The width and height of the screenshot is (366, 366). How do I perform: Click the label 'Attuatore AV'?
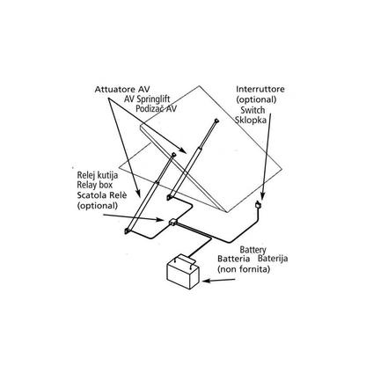point(122,90)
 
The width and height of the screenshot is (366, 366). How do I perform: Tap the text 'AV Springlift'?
point(147,99)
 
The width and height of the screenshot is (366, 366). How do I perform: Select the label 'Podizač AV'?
point(157,108)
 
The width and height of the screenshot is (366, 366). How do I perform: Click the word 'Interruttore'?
point(260,89)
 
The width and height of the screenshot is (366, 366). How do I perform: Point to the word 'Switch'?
point(253,110)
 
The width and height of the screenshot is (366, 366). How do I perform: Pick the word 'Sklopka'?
point(251,120)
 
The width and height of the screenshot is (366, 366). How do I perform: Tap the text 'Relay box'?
point(95,185)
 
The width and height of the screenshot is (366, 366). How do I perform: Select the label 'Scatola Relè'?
point(102,195)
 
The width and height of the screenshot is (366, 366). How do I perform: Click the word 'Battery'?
point(253,250)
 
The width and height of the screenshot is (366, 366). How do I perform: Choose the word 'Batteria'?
point(234,259)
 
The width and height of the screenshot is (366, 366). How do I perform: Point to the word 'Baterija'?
point(273,259)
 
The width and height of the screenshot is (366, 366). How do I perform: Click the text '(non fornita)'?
point(244,269)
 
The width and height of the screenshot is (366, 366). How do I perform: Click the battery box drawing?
point(183,272)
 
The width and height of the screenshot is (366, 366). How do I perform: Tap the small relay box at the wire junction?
point(173,222)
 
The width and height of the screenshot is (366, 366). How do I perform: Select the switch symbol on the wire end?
point(258,204)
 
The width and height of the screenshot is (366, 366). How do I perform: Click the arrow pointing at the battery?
point(219,281)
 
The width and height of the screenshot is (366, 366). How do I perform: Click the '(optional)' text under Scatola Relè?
point(98,206)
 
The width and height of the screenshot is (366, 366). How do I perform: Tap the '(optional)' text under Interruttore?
point(256,99)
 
